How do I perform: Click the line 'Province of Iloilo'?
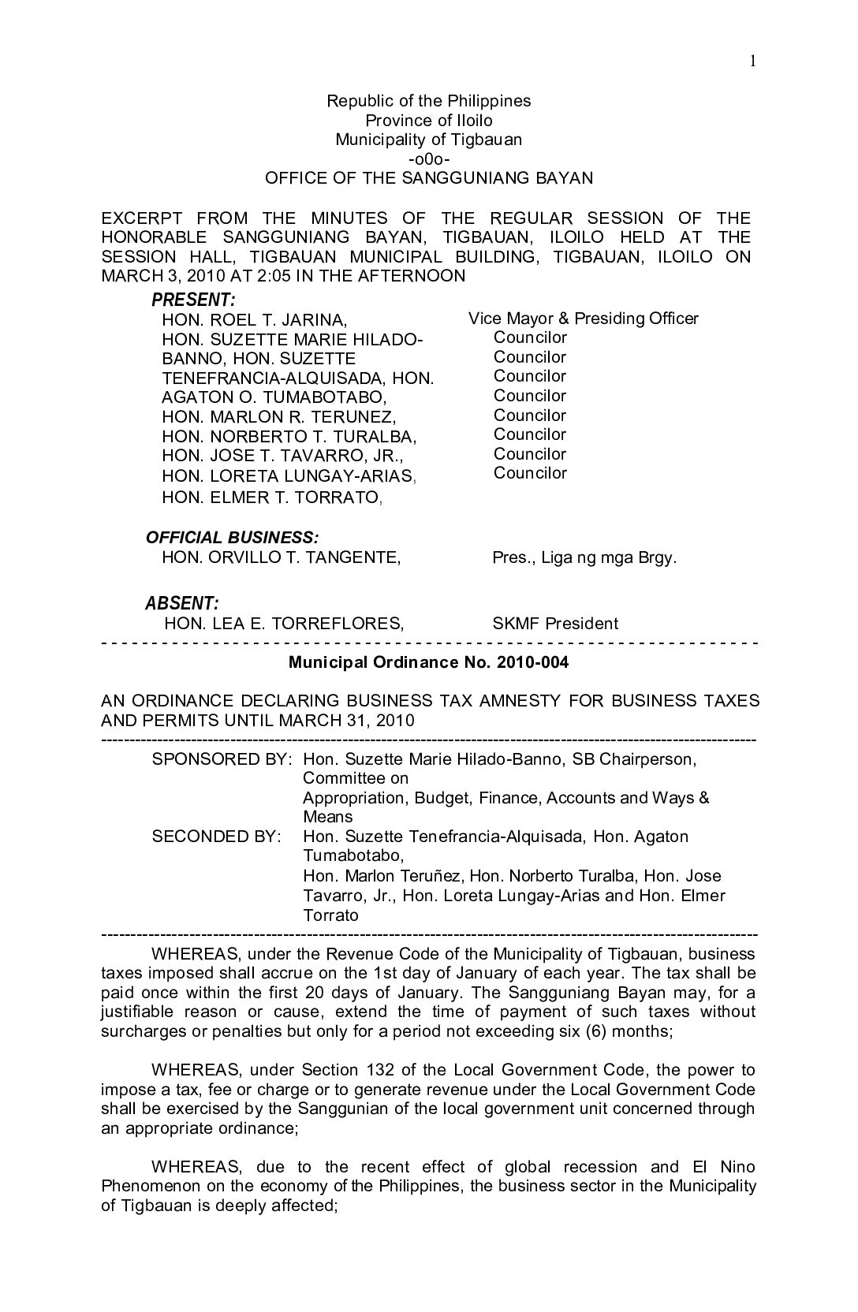pos(428,121)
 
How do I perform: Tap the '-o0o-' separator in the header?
pos(429,159)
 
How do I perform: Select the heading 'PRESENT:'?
pos(193,300)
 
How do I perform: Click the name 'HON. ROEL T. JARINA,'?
pos(254,320)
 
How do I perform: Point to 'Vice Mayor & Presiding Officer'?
pos(583,319)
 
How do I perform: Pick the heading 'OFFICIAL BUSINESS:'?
pos(232,538)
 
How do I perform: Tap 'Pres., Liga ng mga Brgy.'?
pos(584,557)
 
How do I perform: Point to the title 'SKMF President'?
pos(555,624)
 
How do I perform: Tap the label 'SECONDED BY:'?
pos(216,837)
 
